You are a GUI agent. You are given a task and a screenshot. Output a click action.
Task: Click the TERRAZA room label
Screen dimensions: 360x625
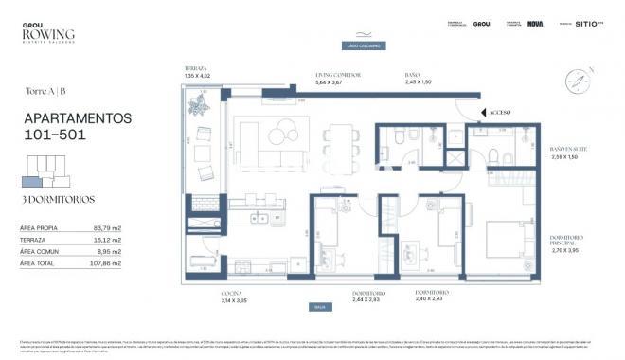point(196,68)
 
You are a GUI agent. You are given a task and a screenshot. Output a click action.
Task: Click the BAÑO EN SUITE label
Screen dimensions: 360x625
point(568,149)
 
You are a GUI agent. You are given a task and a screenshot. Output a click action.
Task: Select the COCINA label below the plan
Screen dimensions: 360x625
point(231,295)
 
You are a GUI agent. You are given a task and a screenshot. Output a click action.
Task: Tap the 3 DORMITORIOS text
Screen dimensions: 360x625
point(48,200)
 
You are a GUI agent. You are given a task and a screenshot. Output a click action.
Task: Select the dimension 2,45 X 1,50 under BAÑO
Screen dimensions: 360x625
point(418,82)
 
